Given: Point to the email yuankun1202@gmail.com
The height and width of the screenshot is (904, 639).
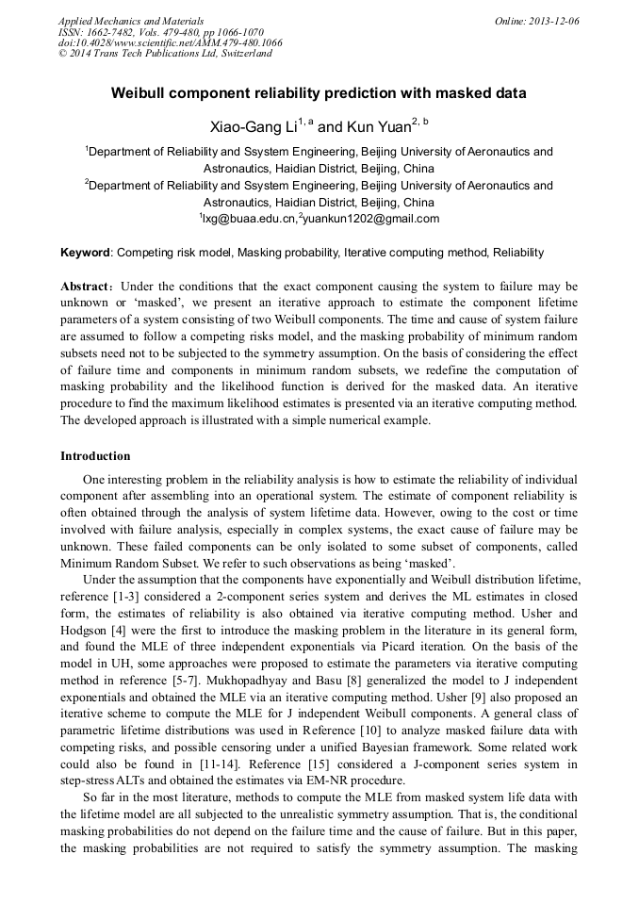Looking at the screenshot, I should pyautogui.click(x=371, y=219).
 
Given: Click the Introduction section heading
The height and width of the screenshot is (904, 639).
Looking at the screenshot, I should pyautogui.click(x=95, y=456).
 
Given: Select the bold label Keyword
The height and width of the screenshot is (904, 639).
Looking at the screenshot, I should pyautogui.click(x=86, y=254).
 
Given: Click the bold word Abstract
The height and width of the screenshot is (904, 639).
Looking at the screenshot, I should pyautogui.click(x=88, y=286).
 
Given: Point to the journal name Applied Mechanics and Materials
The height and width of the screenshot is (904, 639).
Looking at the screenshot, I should pyautogui.click(x=131, y=21).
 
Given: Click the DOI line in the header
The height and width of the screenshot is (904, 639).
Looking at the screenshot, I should pyautogui.click(x=171, y=43).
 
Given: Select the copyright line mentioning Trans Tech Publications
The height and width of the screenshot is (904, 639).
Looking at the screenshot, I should pyautogui.click(x=165, y=54).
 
